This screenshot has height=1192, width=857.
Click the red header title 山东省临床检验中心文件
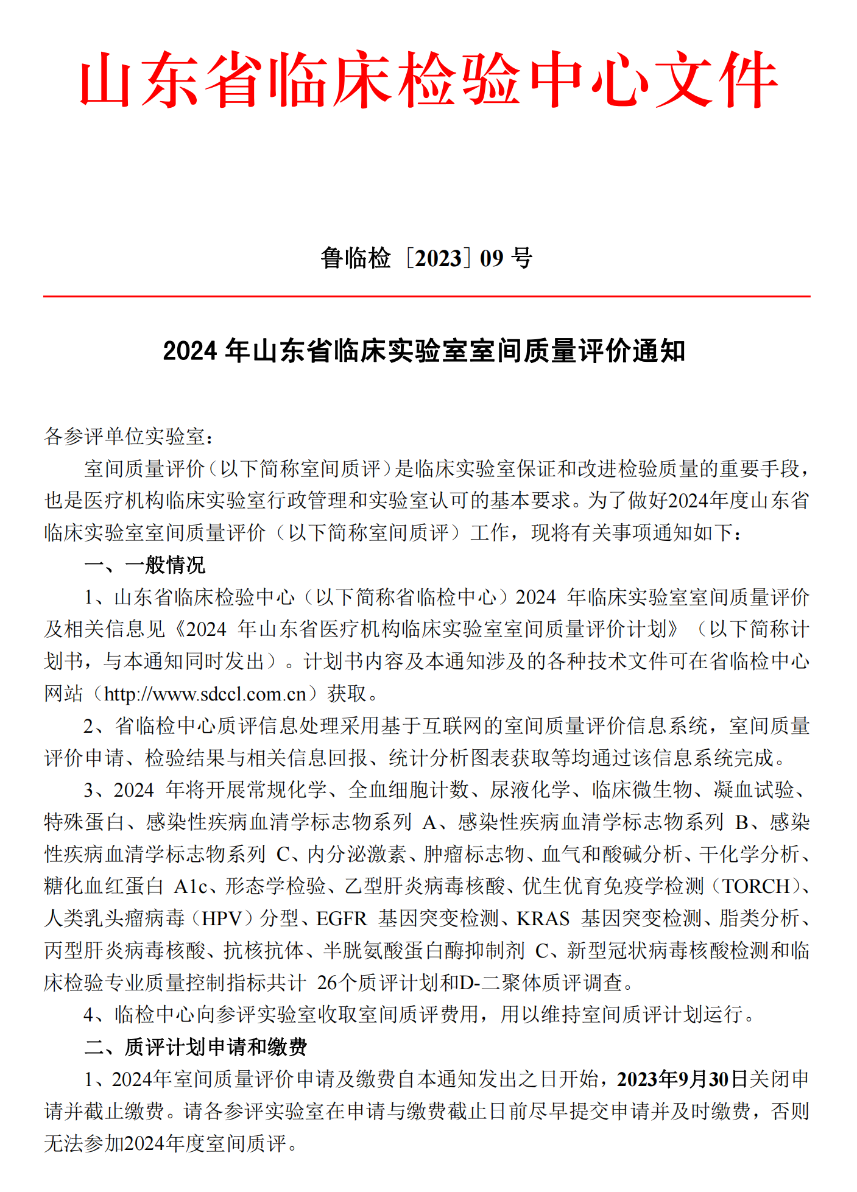[428, 80]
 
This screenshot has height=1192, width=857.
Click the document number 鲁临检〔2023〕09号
[426, 258]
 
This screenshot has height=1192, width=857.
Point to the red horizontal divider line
[426, 297]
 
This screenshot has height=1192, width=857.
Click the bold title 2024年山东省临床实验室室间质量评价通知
[424, 351]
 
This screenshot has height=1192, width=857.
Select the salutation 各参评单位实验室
[125, 436]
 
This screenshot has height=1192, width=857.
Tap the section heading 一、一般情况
[145, 565]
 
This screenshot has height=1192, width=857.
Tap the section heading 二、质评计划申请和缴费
[196, 1047]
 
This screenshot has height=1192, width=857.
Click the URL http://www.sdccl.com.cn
[205, 694]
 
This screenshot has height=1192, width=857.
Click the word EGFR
[342, 919]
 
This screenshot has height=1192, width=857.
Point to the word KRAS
[543, 919]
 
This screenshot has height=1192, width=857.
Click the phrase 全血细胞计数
[409, 790]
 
